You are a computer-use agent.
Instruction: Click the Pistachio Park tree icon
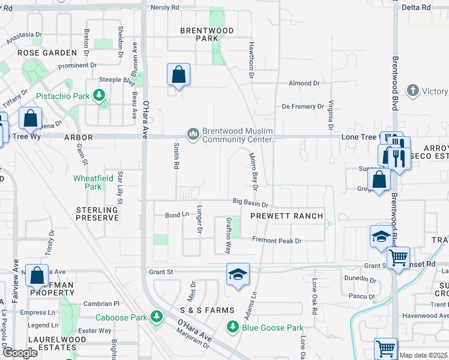click(99, 95)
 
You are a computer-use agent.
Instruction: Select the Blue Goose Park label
click(273, 328)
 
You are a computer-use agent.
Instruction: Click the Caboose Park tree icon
click(157, 316)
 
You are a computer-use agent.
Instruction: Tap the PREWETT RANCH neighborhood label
click(287, 216)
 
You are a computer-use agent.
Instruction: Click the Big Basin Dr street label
click(250, 203)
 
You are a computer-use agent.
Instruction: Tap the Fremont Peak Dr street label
click(276, 241)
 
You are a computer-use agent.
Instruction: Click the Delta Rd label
click(417, 8)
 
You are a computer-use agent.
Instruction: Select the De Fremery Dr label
click(303, 107)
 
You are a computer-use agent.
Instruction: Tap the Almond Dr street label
click(304, 83)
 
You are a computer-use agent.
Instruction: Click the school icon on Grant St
click(238, 275)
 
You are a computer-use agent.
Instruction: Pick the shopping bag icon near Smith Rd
click(178, 75)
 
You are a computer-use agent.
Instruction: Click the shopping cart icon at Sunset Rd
click(398, 258)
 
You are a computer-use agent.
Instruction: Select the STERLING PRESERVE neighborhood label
click(97, 214)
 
